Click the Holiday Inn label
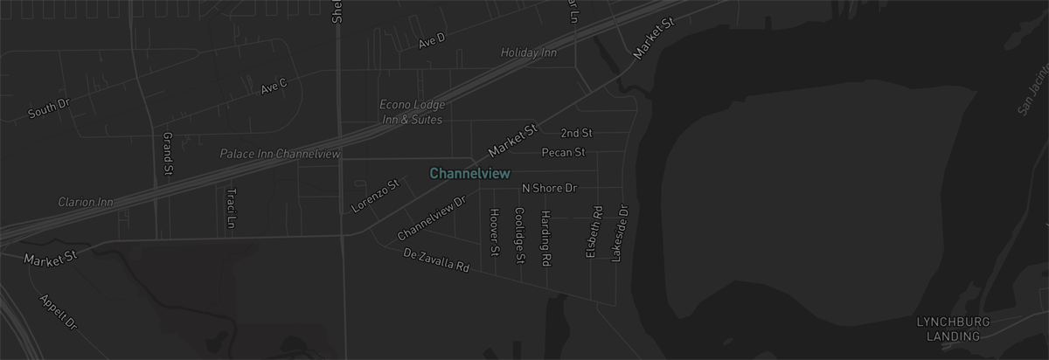click(x=528, y=53)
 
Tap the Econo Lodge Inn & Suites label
click(x=411, y=112)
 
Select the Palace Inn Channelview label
click(x=280, y=154)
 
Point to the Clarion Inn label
click(x=86, y=202)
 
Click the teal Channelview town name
click(x=469, y=173)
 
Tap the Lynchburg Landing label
click(x=953, y=329)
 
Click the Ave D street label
click(x=431, y=40)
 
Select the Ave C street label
click(x=274, y=87)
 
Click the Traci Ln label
click(x=231, y=207)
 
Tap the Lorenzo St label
click(x=374, y=196)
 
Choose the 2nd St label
click(x=577, y=133)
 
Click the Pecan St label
click(x=563, y=152)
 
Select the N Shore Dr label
click(x=550, y=188)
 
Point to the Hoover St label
click(x=495, y=232)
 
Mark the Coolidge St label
click(x=519, y=235)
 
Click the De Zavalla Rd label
click(x=437, y=260)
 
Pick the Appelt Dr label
click(x=59, y=312)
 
